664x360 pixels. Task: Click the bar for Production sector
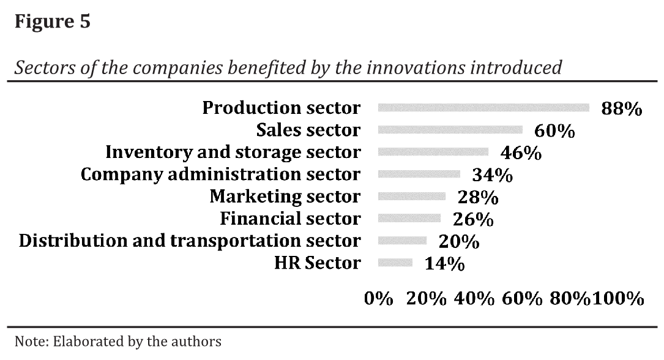[483, 108]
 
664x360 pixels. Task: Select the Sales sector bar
[450, 130]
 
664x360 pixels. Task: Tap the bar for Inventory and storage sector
[433, 152]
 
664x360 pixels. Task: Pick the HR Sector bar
[395, 263]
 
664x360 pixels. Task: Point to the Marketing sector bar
[412, 197]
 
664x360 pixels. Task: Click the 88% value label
[622, 109]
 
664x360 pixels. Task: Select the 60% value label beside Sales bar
[554, 131]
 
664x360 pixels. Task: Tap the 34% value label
[492, 176]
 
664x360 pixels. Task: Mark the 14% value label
[445, 264]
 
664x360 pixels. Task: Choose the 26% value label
[473, 219]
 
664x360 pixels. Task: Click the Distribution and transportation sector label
[190, 241]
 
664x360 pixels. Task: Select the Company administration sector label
[221, 174]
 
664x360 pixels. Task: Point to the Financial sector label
[290, 219]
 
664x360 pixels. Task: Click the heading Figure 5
[53, 22]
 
